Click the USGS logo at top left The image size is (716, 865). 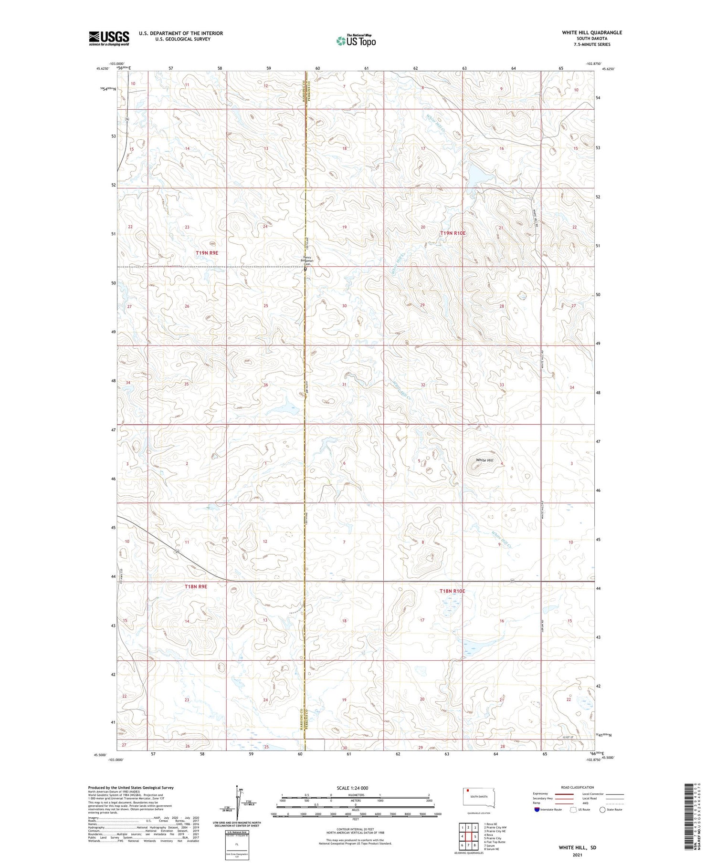pyautogui.click(x=109, y=38)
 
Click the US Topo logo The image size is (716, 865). pyautogui.click(x=356, y=41)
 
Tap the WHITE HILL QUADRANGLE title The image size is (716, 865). pyautogui.click(x=592, y=32)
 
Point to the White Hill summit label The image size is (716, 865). pyautogui.click(x=484, y=460)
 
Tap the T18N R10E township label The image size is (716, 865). pyautogui.click(x=452, y=591)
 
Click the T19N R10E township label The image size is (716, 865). pyautogui.click(x=452, y=233)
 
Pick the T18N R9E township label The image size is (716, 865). pyautogui.click(x=196, y=586)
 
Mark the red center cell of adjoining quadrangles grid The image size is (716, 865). pyautogui.click(x=469, y=836)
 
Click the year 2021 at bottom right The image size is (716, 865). pyautogui.click(x=578, y=855)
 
